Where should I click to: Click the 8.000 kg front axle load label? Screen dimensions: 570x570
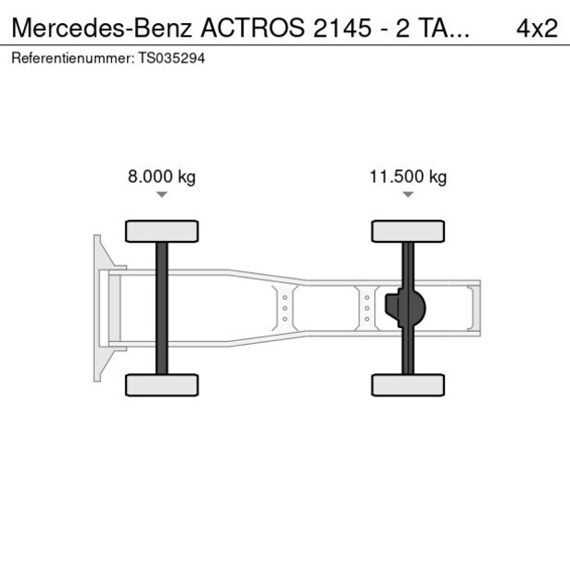point(161,177)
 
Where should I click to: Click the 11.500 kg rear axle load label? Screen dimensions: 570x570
point(407,177)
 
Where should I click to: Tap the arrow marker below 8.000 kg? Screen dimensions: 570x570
point(162,195)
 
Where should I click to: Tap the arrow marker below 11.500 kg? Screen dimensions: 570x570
point(408,195)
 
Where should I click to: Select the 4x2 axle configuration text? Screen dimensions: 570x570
point(537,28)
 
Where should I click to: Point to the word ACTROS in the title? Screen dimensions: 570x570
point(255,28)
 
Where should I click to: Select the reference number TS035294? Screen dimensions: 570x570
point(173,57)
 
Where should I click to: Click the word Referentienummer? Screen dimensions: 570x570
point(69,57)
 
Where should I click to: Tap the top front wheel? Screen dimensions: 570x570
point(162,231)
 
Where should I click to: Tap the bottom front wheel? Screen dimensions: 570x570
point(162,384)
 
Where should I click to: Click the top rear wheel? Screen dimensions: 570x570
point(408,231)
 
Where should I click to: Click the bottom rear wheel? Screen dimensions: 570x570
point(408,384)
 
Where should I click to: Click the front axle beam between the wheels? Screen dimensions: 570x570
point(162,308)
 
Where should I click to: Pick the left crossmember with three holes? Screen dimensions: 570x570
point(285,308)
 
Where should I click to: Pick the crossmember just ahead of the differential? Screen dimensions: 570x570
point(366,308)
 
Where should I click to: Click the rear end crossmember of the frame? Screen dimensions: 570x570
point(473,308)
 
